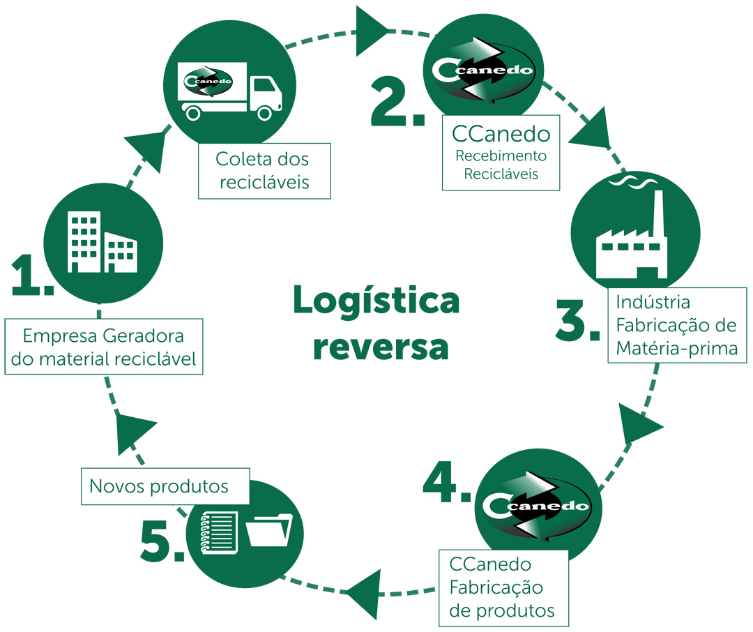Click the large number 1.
tap(31, 275)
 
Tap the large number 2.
tap(397, 104)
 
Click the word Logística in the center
tap(376, 301)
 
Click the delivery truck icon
tap(229, 91)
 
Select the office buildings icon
tap(102, 242)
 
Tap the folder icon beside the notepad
tap(269, 530)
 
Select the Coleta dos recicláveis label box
tap(265, 171)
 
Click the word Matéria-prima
tap(676, 348)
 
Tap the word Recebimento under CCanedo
tap(501, 156)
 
